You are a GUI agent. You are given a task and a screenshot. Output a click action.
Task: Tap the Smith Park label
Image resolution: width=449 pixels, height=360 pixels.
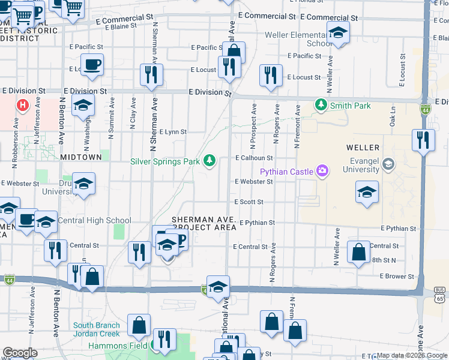coord(349,106)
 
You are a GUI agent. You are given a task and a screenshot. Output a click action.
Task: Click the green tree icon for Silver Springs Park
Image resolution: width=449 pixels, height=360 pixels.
coord(209,160)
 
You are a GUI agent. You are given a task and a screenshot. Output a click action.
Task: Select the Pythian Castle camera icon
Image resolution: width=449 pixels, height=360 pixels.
coord(323,172)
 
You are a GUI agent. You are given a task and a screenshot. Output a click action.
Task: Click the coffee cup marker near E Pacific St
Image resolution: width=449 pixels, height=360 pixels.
coord(91,65)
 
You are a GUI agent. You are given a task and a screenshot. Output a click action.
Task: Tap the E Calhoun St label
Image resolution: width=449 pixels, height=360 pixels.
coord(254,158)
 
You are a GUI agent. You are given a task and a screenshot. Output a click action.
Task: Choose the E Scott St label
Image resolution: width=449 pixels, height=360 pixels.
coord(249,202)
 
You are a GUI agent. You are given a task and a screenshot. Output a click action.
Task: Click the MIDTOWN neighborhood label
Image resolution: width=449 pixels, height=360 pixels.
coord(81,157)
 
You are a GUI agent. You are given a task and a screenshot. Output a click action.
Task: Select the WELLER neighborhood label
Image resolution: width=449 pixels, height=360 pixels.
coord(363,147)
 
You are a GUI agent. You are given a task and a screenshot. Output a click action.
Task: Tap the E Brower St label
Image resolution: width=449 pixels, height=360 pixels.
coord(397,277)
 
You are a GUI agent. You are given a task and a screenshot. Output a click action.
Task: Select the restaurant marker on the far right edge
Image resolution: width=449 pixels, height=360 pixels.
coord(424,141)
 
